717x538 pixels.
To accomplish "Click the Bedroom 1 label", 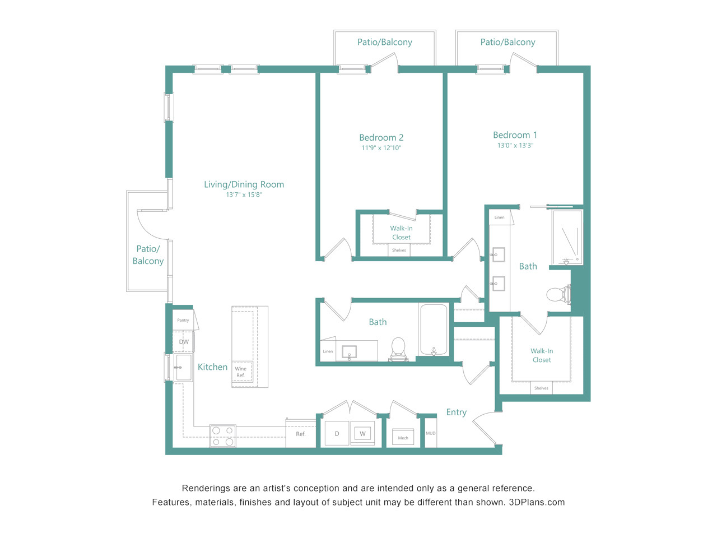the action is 515,135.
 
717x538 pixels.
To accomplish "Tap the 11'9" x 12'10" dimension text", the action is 381,148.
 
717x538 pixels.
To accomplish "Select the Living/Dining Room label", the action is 244,184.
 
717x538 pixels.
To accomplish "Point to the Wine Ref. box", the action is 242,372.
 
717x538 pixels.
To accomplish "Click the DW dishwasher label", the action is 184,342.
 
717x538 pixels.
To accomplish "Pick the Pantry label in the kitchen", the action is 183,320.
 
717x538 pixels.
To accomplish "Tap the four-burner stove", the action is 222,436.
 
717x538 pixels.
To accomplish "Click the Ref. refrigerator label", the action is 300,434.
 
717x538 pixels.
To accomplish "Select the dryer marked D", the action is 337,433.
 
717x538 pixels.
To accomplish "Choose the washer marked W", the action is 362,433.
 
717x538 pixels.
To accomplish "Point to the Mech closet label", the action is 403,438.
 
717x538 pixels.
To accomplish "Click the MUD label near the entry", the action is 431,433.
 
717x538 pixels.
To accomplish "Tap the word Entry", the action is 457,412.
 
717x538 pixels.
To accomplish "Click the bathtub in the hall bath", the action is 434,330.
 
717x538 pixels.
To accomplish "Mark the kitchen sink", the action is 183,368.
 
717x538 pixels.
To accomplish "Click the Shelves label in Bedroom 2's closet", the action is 399,250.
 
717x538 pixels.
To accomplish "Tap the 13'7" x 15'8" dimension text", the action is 244,195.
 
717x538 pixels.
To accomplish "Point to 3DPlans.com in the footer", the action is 537,502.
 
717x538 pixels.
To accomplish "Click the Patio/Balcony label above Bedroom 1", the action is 508,42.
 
